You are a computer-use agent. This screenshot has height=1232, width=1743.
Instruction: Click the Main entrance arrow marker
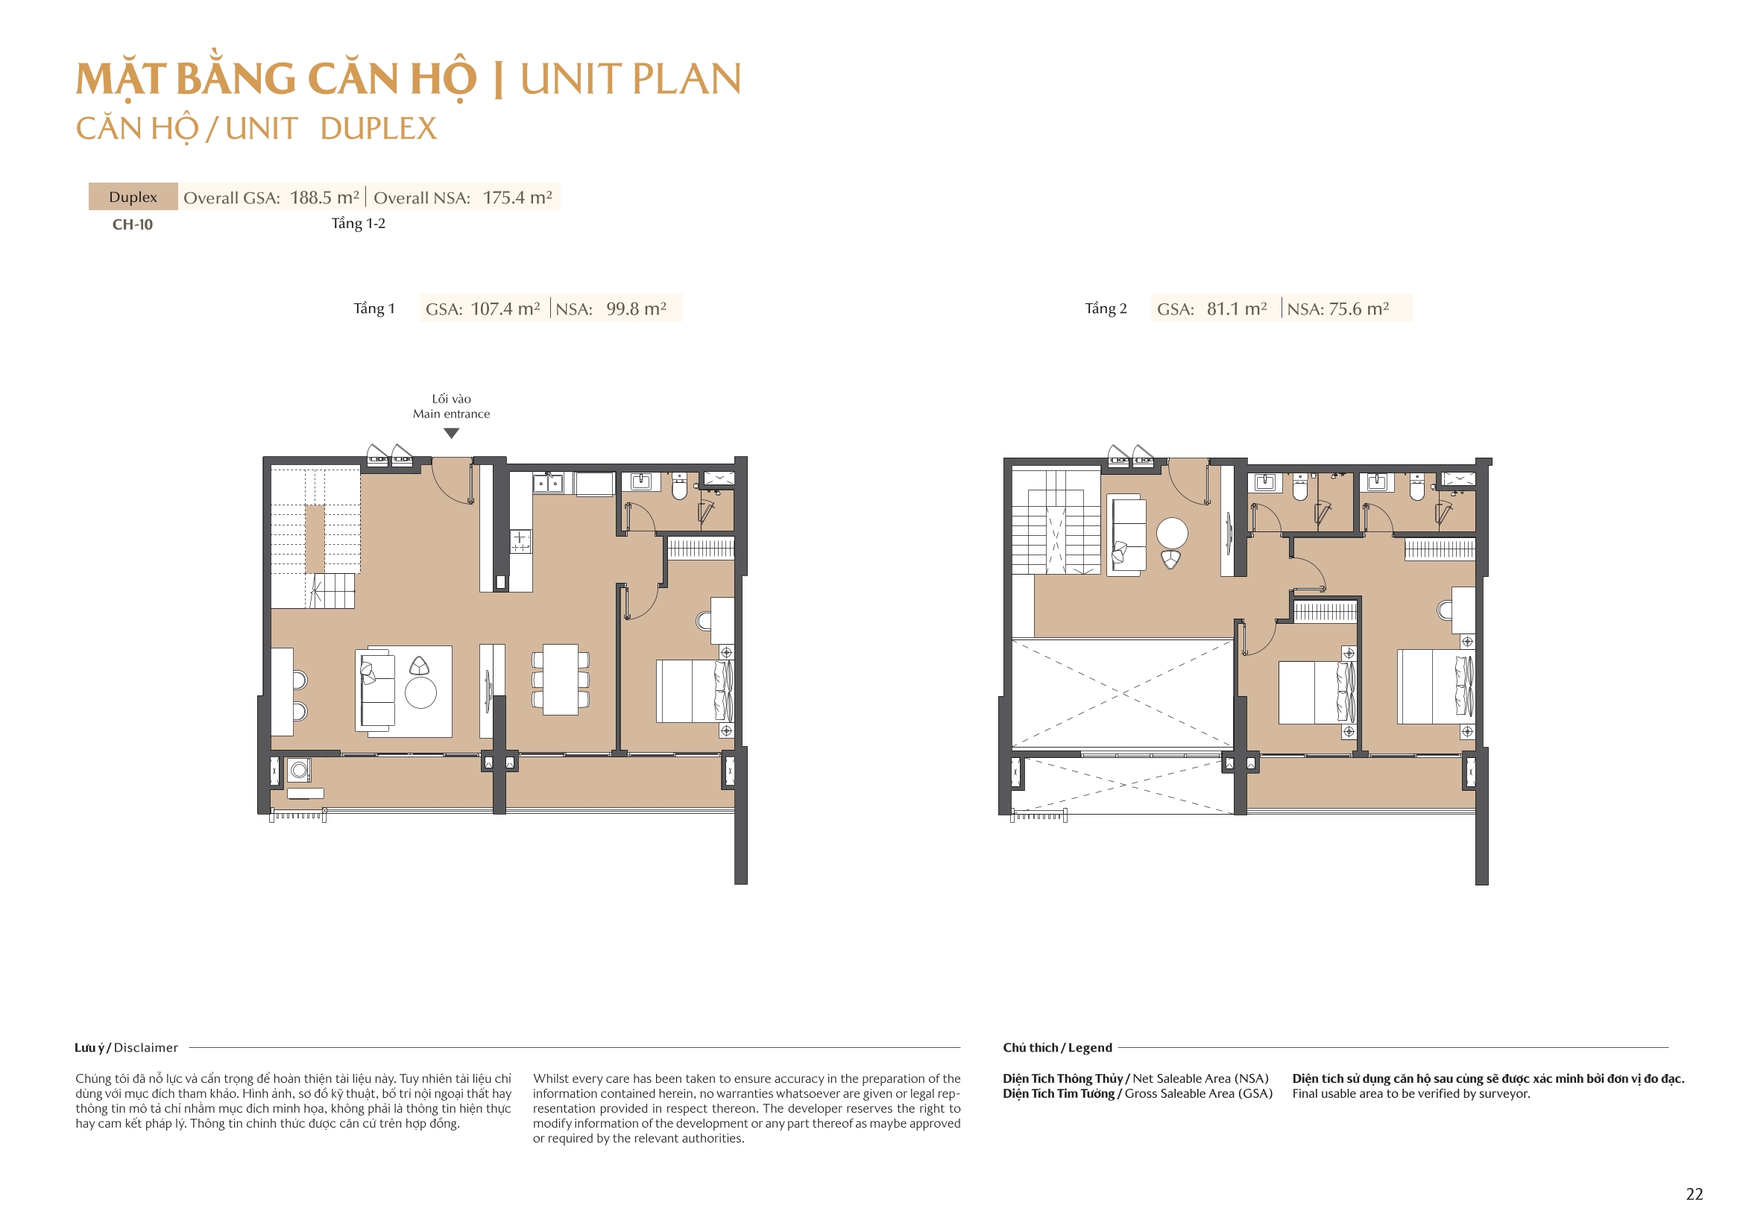[451, 434]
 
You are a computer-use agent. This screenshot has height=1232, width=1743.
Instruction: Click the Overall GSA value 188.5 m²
[324, 198]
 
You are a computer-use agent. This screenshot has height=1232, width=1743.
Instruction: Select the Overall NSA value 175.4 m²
[517, 198]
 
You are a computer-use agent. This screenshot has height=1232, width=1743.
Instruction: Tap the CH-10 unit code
[132, 224]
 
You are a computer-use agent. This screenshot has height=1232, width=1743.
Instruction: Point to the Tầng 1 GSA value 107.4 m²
[505, 309]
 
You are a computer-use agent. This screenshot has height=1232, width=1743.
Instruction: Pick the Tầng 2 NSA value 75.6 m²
[1359, 309]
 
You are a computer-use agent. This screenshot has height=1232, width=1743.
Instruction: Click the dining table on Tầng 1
[561, 680]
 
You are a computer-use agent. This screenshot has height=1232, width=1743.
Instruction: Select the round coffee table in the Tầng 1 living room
[420, 692]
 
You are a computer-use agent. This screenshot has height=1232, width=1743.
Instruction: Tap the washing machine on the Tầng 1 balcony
[298, 771]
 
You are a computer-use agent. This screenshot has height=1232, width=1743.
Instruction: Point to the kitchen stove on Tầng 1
[520, 541]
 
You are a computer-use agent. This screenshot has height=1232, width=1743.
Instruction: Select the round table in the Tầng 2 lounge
[1171, 533]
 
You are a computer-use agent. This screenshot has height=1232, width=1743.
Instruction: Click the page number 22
[1694, 1194]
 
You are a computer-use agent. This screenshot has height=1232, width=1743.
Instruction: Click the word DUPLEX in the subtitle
[378, 129]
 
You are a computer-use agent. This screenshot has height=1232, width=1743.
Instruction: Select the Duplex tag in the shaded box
[133, 198]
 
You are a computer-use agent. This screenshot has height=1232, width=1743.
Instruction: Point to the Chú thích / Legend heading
[1056, 1048]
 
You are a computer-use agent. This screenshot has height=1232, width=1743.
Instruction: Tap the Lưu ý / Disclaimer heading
[126, 1048]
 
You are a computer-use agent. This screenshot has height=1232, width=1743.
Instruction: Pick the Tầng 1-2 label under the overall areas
[359, 224]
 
